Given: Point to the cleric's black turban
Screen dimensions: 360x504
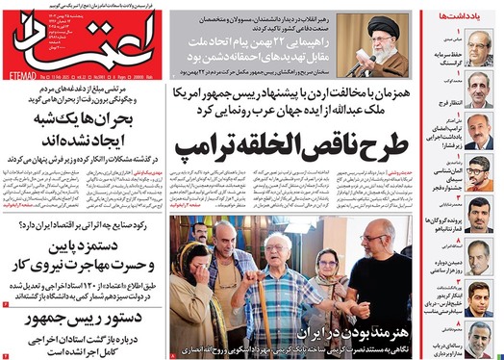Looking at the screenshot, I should click(x=379, y=20).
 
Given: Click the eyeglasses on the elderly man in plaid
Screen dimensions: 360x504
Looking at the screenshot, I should click(x=282, y=253).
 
